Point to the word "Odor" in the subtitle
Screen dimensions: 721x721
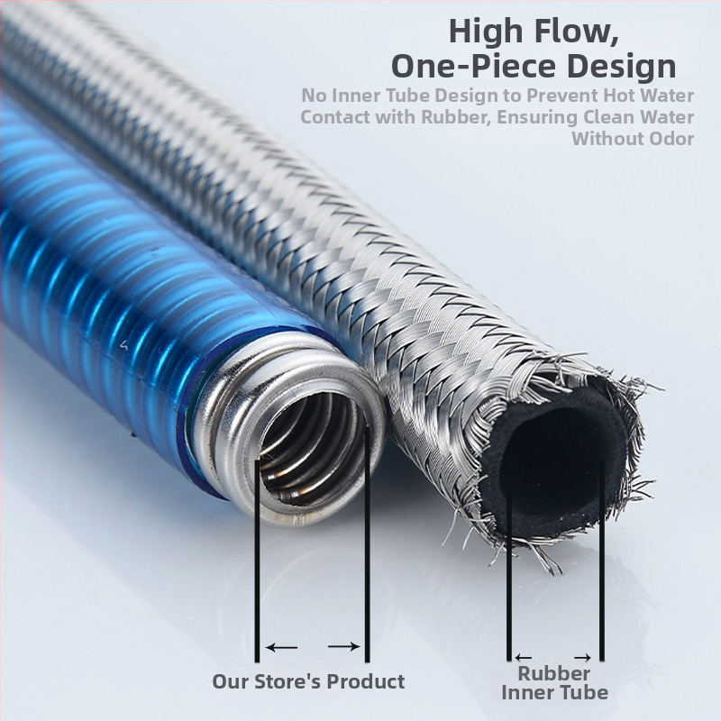[668, 139]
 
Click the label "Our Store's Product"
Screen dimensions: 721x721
[308, 681]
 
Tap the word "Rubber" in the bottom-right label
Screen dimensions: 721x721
[554, 673]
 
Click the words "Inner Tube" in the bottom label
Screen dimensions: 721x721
[554, 692]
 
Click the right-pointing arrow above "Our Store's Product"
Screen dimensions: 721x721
[343, 646]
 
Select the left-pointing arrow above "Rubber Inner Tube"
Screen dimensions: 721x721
[524, 657]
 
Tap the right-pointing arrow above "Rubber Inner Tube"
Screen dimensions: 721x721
[584, 657]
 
